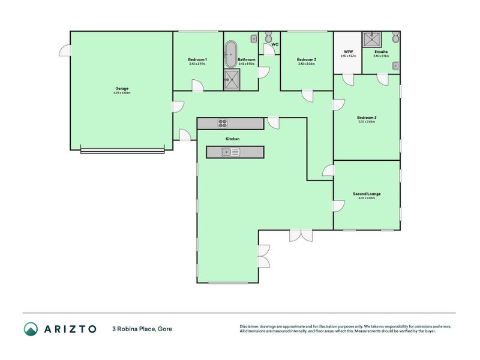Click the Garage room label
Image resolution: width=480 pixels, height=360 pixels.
[122, 88]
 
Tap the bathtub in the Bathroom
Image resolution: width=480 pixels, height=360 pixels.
[231, 55]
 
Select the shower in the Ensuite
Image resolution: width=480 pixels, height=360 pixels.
[374, 40]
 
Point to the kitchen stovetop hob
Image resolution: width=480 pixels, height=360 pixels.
[223, 124]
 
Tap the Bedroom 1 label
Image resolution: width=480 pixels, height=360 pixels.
[197, 59]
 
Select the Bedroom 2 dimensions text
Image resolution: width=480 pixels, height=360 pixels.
[306, 64]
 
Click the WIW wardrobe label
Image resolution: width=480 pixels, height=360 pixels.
[348, 52]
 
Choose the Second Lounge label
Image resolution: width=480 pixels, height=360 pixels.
[367, 194]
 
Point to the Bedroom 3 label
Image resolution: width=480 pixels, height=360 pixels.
[367, 117]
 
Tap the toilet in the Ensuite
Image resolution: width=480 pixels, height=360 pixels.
[395, 38]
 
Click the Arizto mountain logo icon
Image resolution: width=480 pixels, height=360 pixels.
[31, 328]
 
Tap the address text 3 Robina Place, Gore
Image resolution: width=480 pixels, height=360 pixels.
[142, 329]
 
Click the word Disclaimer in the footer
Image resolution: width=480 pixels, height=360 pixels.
[251, 326]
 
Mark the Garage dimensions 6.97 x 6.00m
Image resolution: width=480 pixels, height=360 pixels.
[122, 93]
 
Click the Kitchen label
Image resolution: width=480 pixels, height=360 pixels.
[232, 139]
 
